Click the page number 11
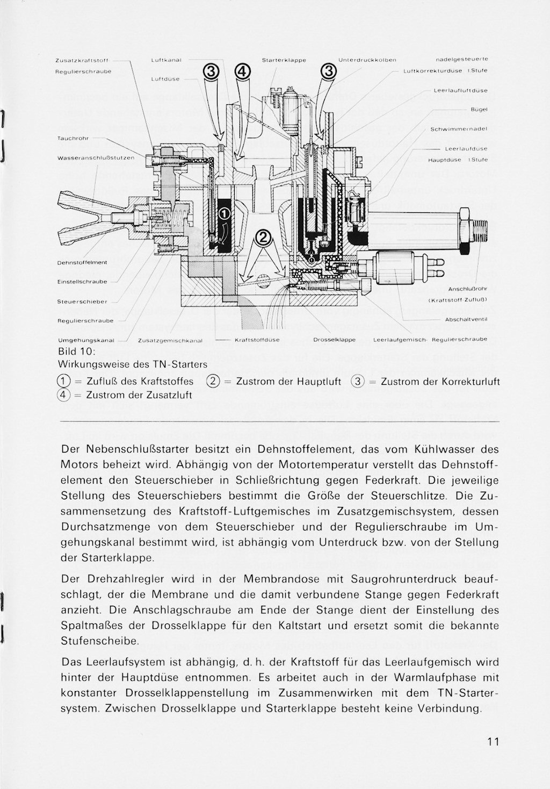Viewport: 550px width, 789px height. pyautogui.click(x=493, y=742)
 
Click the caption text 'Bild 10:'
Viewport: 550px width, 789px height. pyautogui.click(x=76, y=352)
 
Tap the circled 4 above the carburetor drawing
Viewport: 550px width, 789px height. pyautogui.click(x=242, y=71)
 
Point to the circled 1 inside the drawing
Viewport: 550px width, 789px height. pyautogui.click(x=225, y=215)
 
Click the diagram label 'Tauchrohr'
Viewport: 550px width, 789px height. pyautogui.click(x=73, y=138)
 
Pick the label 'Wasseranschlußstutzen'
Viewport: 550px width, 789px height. pyautogui.click(x=96, y=158)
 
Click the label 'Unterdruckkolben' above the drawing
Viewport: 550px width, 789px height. pyautogui.click(x=368, y=60)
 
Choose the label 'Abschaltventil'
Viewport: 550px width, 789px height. pyautogui.click(x=466, y=319)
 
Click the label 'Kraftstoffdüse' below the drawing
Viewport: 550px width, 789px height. pyautogui.click(x=257, y=340)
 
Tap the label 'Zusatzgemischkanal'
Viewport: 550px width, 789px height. pyautogui.click(x=170, y=340)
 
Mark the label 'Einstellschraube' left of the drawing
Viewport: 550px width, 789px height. pyautogui.click(x=82, y=282)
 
